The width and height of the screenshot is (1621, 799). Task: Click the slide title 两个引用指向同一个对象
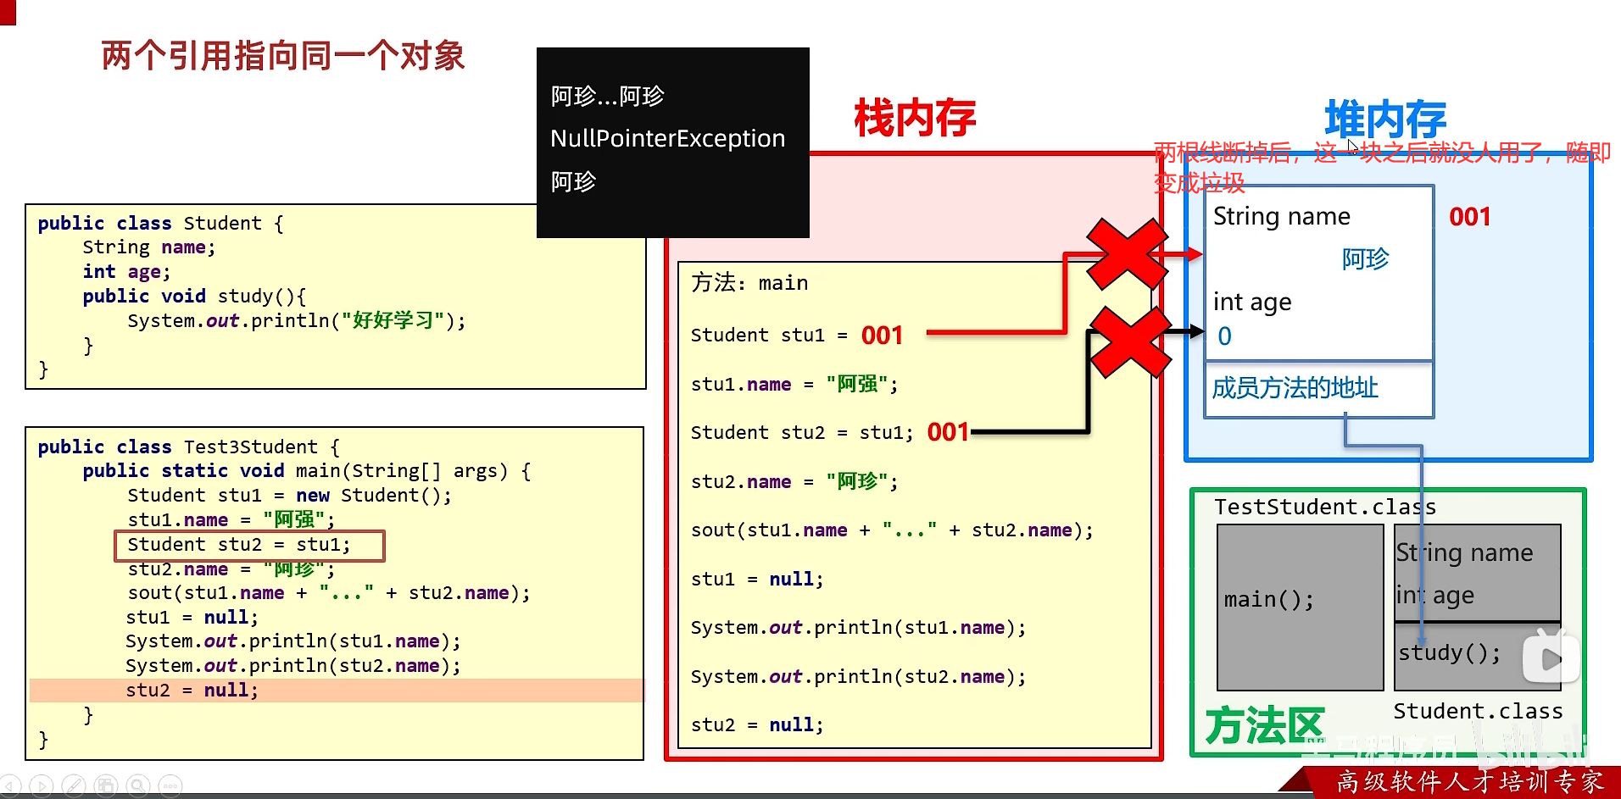[x=283, y=56]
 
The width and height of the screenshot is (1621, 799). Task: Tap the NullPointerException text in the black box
[x=667, y=138]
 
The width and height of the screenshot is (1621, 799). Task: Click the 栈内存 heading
[x=914, y=118]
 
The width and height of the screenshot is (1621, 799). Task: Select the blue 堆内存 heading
[x=1384, y=119]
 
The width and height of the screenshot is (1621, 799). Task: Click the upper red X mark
[x=1127, y=253]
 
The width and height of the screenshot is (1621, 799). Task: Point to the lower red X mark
[x=1129, y=342]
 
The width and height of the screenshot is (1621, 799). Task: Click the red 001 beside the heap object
[x=1469, y=217]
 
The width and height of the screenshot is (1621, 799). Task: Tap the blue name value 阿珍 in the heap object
[x=1365, y=258]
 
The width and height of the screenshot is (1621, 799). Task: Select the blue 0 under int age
[x=1224, y=336]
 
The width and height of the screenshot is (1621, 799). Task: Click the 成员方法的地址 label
[x=1295, y=388]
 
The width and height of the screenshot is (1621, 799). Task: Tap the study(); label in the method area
[x=1449, y=652]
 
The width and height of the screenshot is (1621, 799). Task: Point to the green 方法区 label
[x=1263, y=726]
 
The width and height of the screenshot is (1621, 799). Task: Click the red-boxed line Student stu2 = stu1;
[x=248, y=545]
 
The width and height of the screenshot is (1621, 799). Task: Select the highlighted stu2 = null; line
[x=192, y=691]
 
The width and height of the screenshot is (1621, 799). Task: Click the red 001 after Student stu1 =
[x=882, y=336]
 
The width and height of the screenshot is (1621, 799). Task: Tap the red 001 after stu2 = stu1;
[x=948, y=432]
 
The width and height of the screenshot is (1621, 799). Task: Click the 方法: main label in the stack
[x=749, y=283]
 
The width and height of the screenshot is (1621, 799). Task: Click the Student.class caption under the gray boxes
[x=1477, y=711]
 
